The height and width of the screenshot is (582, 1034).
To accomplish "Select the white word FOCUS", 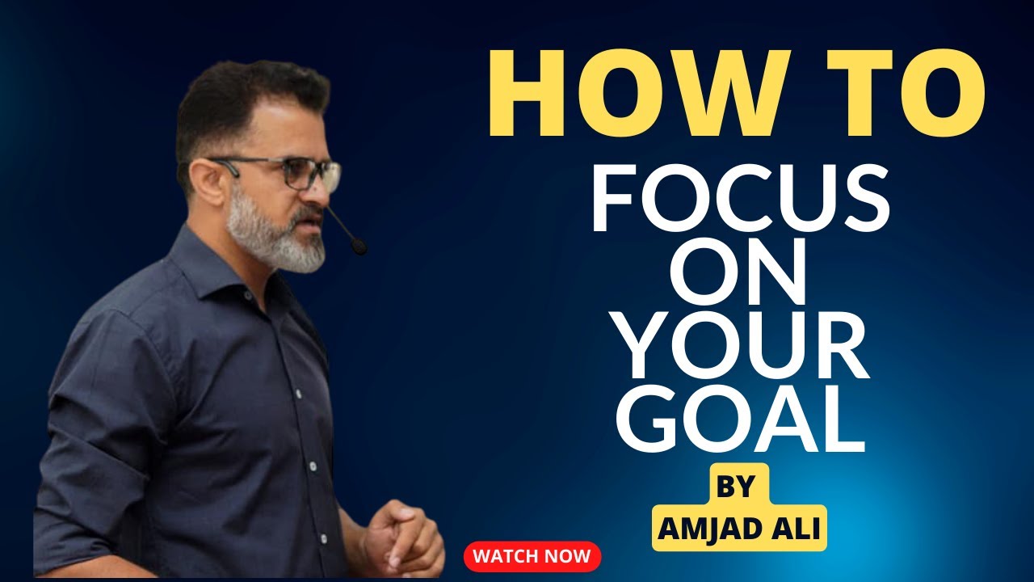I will (x=740, y=197).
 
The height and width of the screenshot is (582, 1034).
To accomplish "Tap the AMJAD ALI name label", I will (x=739, y=529).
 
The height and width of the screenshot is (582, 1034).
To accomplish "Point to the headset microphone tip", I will (x=358, y=246).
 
